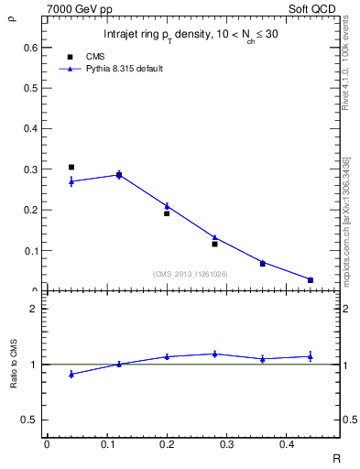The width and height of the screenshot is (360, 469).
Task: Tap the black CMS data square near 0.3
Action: [x=71, y=168]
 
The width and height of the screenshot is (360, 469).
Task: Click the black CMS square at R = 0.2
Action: [x=167, y=213]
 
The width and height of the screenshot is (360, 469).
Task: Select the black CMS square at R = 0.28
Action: [x=214, y=244]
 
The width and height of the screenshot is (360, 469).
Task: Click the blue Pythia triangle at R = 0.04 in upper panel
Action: [x=71, y=181]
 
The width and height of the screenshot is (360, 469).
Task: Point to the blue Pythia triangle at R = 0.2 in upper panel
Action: [x=167, y=206]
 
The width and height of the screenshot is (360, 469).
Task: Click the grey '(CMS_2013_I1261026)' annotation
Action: [x=191, y=273]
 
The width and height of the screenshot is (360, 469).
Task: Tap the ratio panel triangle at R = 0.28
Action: [x=214, y=354]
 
